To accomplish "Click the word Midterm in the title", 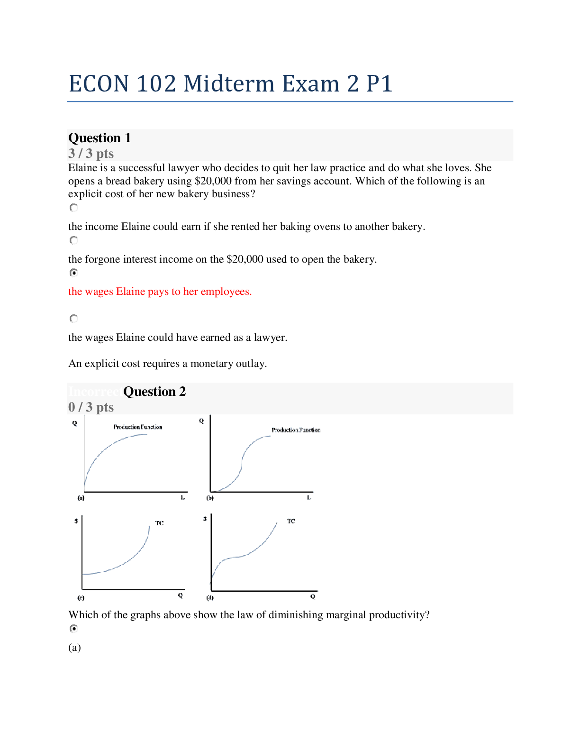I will [x=229, y=84].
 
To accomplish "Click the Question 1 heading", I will [x=100, y=138].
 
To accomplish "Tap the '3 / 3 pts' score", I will [x=91, y=154].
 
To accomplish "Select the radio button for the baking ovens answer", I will [x=73, y=208].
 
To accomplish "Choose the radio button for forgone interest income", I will [x=73, y=240].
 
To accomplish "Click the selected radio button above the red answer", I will [x=73, y=273].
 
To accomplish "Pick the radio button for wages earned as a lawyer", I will [x=73, y=319].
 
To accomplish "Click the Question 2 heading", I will [x=154, y=392].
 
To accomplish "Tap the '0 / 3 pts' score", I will [x=91, y=407].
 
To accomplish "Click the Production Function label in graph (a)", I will [x=138, y=427].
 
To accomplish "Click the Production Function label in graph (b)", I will [x=296, y=430].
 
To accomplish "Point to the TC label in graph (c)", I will [x=160, y=523].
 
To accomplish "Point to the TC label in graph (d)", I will [x=291, y=521].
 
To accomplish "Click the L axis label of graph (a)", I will [x=182, y=497].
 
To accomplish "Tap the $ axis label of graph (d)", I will [x=205, y=519].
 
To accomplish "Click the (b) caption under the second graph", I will [x=210, y=498].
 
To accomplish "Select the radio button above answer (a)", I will [x=73, y=629].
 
